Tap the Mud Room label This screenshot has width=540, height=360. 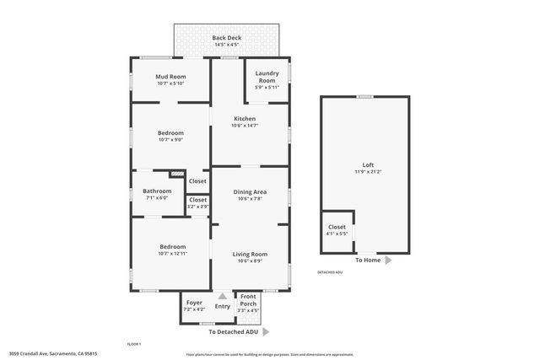pos(170,77)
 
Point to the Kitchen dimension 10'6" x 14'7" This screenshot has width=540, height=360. pos(246,126)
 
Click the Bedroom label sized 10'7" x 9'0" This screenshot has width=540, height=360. pos(170,132)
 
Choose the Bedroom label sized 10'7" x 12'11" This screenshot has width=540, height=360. pos(170,247)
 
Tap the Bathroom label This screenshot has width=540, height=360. pos(156,191)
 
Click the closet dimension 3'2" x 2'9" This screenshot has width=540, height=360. pos(197,207)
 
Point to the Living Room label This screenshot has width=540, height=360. pos(250,254)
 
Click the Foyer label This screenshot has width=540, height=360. pos(194,303)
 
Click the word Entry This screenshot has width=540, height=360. pos(222,306)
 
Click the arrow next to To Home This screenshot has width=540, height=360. pos(388,261)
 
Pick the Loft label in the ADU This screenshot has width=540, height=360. pos(368,164)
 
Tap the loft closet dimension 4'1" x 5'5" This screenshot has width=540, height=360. pos(337,233)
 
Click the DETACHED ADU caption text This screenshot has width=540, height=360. pos(330,272)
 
